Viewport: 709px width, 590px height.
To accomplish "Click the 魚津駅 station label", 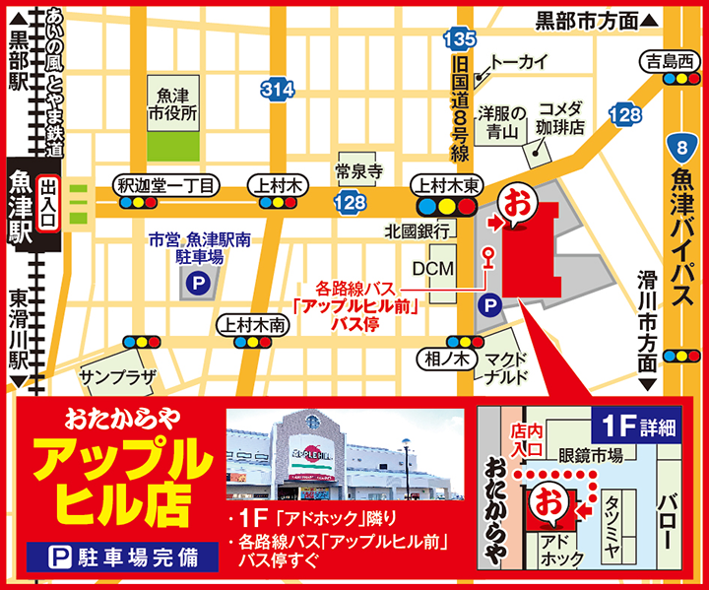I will point(20,208).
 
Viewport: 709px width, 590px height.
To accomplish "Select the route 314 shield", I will point(279,89).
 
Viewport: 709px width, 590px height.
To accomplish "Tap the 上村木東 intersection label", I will point(447,184).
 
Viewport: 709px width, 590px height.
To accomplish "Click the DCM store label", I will point(432,268).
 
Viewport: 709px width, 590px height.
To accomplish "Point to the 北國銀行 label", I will point(418,231).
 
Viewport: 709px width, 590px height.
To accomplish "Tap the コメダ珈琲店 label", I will point(560,118).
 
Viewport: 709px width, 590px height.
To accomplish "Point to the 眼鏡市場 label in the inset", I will point(592,455).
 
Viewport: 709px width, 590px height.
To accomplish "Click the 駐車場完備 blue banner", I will point(122,557).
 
